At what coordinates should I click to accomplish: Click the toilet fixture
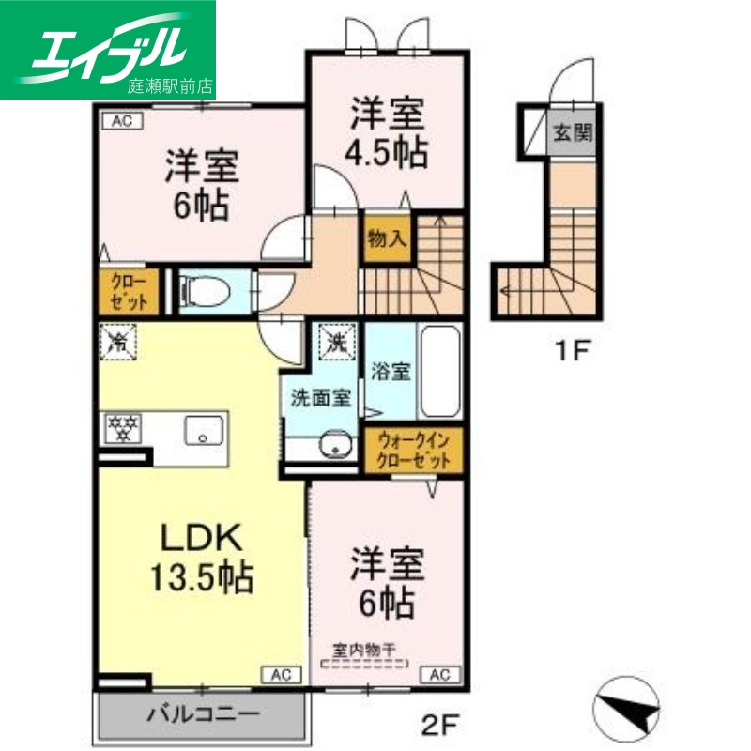pos(200,292)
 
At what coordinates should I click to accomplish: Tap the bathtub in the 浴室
pos(438,375)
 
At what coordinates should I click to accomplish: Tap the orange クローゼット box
pos(128,292)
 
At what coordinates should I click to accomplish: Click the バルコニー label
pos(202,714)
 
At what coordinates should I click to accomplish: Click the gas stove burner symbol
pos(122,428)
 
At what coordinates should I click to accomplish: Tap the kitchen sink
pos(201,430)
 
